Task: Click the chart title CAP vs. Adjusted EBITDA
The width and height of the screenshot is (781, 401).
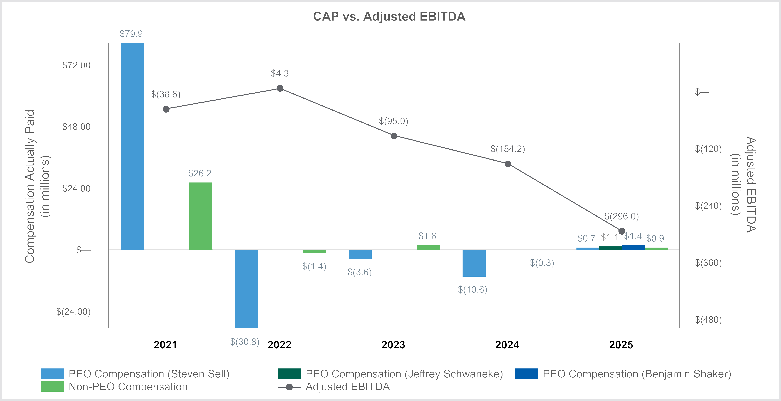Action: pyautogui.click(x=389, y=17)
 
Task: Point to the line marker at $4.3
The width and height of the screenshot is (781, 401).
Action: pyautogui.click(x=280, y=88)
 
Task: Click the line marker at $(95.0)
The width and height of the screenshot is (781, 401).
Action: pyautogui.click(x=394, y=136)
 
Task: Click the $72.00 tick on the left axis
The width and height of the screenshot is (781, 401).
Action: pyautogui.click(x=76, y=65)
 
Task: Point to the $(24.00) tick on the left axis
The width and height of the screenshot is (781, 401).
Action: pyautogui.click(x=73, y=312)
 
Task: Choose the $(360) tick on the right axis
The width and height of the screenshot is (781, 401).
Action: pyautogui.click(x=708, y=263)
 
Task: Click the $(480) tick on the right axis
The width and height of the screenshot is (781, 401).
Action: pyautogui.click(x=708, y=320)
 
